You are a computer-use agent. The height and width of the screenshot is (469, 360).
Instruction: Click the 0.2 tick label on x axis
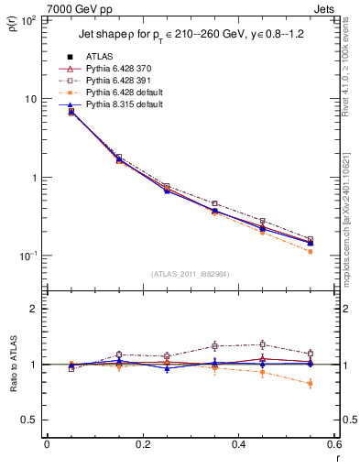click(x=143, y=445)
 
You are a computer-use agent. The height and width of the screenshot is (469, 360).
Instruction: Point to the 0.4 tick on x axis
click(x=239, y=445)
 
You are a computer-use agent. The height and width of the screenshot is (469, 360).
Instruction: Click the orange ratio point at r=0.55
click(x=311, y=384)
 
